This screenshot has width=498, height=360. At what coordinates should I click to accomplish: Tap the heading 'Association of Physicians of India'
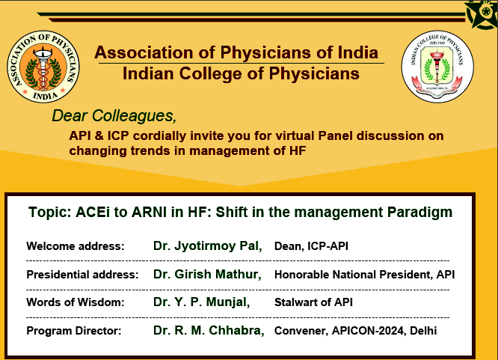(236, 53)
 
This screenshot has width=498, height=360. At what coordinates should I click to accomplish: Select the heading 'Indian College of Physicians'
(240, 73)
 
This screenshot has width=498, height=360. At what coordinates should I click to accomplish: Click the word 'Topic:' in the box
(50, 212)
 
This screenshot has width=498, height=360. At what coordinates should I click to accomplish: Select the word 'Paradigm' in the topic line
(419, 212)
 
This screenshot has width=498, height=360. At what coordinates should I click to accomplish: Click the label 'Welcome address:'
(75, 246)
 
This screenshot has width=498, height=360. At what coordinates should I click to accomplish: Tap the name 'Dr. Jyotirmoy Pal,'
(206, 245)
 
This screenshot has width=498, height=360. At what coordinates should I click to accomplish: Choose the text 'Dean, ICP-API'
(311, 246)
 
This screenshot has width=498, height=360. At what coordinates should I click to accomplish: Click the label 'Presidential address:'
(82, 275)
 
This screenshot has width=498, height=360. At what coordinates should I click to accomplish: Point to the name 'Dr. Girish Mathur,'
(207, 274)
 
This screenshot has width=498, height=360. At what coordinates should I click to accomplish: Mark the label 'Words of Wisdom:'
(75, 302)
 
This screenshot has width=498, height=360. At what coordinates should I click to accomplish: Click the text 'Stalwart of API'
(313, 302)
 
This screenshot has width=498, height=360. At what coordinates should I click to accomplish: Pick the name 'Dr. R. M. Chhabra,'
(209, 330)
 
